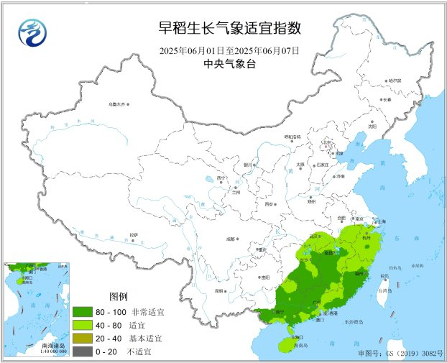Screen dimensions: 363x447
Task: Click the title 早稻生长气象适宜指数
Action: click(x=229, y=29)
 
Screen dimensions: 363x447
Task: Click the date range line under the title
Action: click(x=229, y=51)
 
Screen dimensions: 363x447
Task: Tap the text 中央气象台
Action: click(x=229, y=65)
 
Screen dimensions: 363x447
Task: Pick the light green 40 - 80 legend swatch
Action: click(x=81, y=325)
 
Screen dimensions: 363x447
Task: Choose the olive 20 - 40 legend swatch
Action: click(x=81, y=338)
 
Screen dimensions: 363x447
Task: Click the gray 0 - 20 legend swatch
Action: click(x=81, y=350)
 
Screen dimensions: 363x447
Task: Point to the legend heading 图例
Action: click(x=119, y=297)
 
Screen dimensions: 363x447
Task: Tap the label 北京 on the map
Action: click(x=328, y=142)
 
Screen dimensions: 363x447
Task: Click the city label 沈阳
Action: click(x=372, y=126)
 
